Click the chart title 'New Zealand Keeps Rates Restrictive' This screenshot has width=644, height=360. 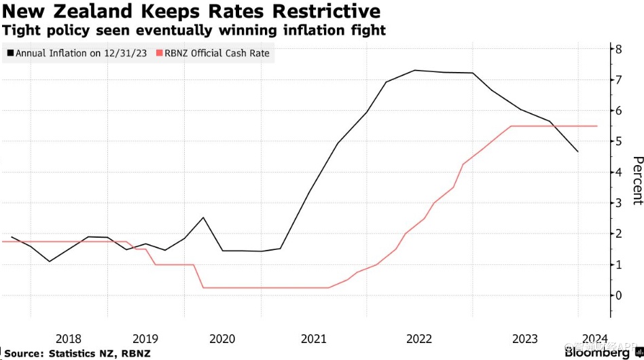(191, 12)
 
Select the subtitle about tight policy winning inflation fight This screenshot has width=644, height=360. (194, 31)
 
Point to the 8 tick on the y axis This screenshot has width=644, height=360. (618, 49)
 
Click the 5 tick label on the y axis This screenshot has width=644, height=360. (618, 141)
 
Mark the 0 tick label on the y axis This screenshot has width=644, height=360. (618, 295)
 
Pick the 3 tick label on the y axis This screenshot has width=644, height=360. (618, 202)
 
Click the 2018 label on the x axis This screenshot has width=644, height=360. (69, 339)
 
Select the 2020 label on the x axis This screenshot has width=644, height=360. (223, 339)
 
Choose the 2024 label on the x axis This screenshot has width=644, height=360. (594, 339)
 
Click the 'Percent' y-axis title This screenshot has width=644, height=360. (637, 180)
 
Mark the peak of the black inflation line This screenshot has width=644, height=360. (415, 70)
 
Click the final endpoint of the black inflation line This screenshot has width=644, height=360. (578, 151)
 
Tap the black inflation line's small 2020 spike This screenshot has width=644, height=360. (203, 217)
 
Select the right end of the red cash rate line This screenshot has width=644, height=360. (597, 126)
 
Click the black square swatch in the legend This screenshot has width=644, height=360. (10, 53)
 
